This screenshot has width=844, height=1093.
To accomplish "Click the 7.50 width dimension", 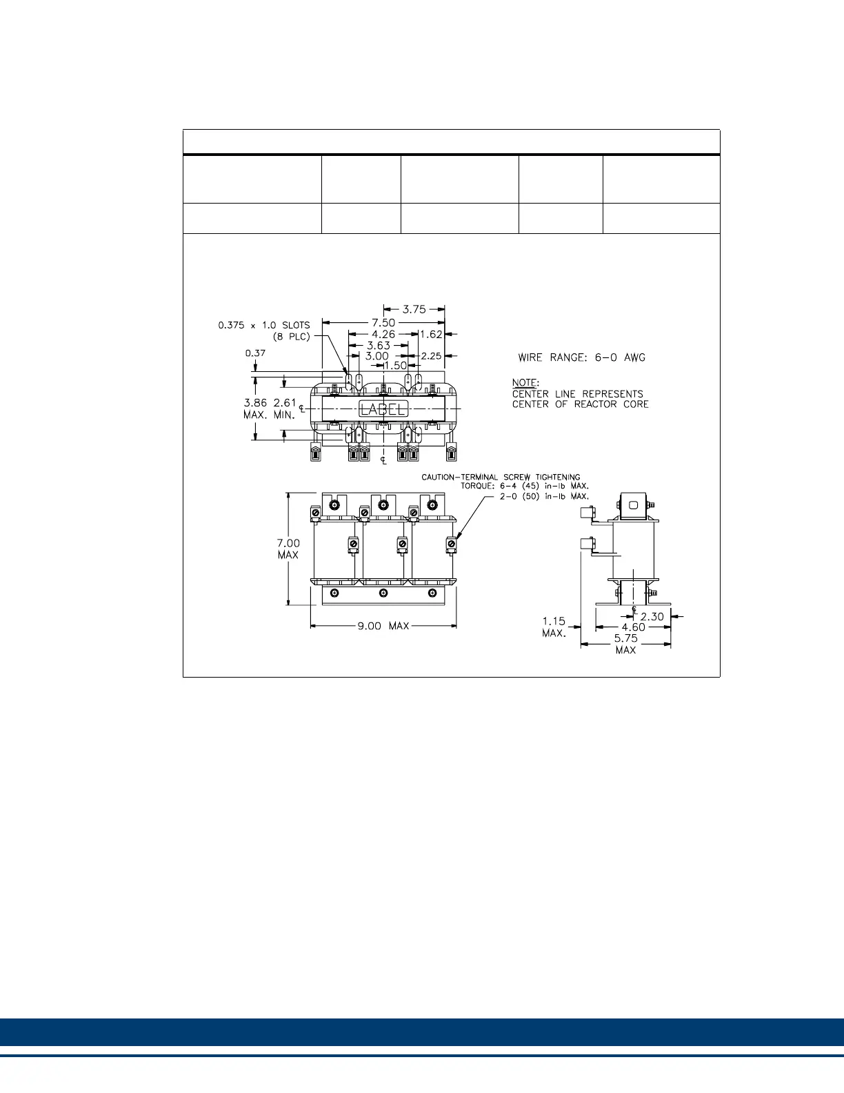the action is pyautogui.click(x=383, y=322).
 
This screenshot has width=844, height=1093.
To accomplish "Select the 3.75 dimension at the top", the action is pyautogui.click(x=414, y=310).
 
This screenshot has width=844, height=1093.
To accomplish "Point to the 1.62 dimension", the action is pyautogui.click(x=431, y=334).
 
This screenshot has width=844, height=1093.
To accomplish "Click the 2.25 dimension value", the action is pyautogui.click(x=431, y=356).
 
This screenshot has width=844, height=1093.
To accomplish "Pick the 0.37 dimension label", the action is pyautogui.click(x=255, y=353).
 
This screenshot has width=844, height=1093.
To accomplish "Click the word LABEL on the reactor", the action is pyautogui.click(x=383, y=408).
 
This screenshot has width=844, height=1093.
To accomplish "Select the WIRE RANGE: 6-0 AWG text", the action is pyautogui.click(x=581, y=357).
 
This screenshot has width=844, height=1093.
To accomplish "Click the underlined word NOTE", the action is pyautogui.click(x=525, y=382).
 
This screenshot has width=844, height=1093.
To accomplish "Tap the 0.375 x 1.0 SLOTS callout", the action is pyautogui.click(x=264, y=325).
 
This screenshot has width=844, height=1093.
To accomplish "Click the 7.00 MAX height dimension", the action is pyautogui.click(x=288, y=549).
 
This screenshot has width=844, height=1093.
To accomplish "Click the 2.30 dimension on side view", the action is pyautogui.click(x=652, y=617).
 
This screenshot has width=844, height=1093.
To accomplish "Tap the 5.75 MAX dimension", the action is pyautogui.click(x=625, y=644).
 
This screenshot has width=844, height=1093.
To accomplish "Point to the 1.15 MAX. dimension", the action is pyautogui.click(x=554, y=627).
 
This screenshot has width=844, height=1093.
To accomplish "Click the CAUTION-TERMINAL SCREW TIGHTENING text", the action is pyautogui.click(x=501, y=477).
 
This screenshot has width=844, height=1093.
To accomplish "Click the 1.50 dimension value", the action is pyautogui.click(x=395, y=366).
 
